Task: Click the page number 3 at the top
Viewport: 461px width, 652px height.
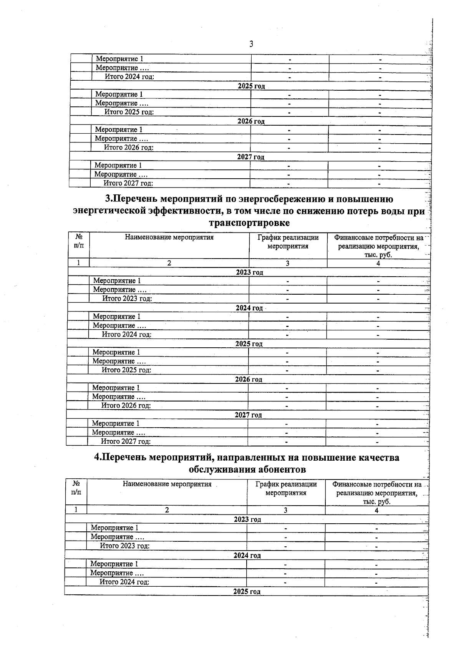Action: pos(251,44)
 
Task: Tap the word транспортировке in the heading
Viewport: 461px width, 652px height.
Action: pos(249,223)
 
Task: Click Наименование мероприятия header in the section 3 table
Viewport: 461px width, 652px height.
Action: pos(169,237)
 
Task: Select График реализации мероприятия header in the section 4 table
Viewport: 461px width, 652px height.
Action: pos(286,489)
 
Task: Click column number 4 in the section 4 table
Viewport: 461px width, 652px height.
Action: pos(376,511)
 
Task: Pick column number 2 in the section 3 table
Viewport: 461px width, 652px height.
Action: pos(169,263)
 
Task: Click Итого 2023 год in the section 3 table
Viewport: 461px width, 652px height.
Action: pos(127,299)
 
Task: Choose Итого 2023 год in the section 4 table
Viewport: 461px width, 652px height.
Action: pos(124,546)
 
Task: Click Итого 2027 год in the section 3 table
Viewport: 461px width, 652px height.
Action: pos(125,442)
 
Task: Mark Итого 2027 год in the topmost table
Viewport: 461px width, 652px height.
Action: pos(128,183)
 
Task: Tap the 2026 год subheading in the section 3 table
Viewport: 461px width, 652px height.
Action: pos(249,380)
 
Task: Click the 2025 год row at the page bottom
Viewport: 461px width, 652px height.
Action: pos(247,592)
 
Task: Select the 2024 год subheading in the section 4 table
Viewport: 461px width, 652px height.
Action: pos(247,556)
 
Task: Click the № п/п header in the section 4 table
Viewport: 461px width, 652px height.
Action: pos(76,488)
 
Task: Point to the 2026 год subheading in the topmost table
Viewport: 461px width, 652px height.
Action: pos(251,121)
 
